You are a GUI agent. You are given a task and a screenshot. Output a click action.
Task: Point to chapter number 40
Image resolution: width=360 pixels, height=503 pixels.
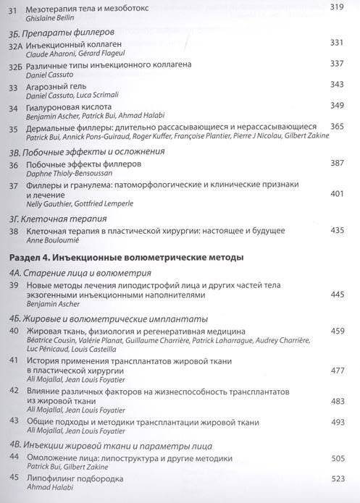[x=13, y=331]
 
